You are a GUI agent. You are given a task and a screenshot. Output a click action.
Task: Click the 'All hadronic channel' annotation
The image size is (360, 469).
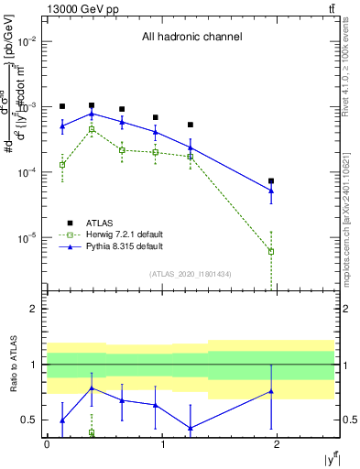pos(191,38)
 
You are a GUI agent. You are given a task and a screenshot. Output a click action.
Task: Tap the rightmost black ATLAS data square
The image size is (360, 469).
pos(271,181)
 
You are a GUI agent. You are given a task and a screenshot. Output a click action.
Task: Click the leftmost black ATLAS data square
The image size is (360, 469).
pos(62,106)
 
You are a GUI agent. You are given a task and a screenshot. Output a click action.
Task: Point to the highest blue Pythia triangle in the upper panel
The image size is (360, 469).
pos(92,114)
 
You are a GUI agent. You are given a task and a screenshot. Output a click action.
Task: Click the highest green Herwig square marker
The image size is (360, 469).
pos(92,130)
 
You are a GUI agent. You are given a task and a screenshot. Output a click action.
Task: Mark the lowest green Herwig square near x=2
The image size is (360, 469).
pos(271,251)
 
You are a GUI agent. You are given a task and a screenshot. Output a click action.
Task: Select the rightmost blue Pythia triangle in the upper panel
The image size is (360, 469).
pos(271,191)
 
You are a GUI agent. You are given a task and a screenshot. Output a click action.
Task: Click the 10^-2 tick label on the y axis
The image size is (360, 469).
pos(27,42)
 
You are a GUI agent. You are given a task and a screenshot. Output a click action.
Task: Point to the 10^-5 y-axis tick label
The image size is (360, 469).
pos(27,238)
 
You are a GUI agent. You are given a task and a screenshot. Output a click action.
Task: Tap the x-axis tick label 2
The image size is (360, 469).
pos(278,443)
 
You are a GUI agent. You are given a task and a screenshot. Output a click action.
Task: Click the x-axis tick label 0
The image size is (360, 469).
pos(47,443)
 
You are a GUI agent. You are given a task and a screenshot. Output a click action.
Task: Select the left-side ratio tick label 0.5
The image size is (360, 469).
pos(31,420)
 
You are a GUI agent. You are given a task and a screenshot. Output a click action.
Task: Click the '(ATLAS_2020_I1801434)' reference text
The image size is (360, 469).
pos(191,274)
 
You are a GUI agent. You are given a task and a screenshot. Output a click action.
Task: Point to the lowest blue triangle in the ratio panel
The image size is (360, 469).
pos(191,428)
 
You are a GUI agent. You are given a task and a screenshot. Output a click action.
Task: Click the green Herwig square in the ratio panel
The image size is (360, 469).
pos(92,432)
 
